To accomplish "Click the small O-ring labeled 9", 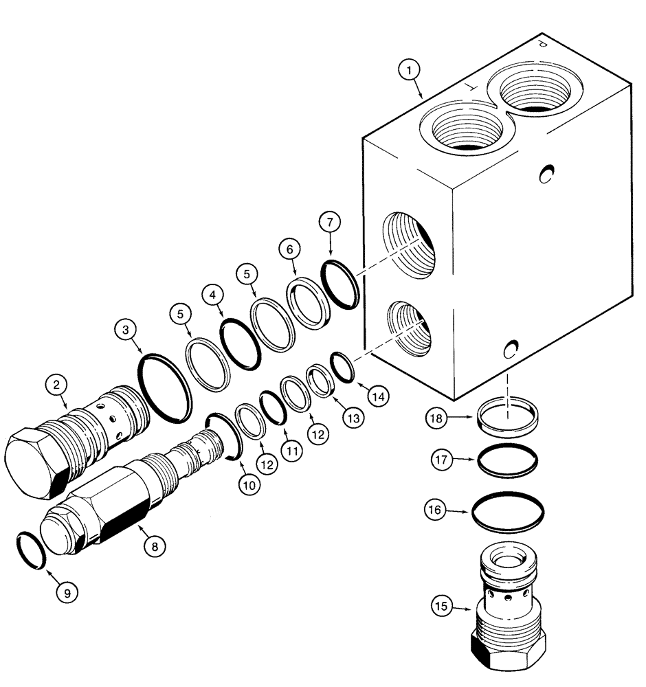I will point(30,550).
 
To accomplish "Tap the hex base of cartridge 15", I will point(508,650).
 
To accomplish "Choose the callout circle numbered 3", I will point(126,329).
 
